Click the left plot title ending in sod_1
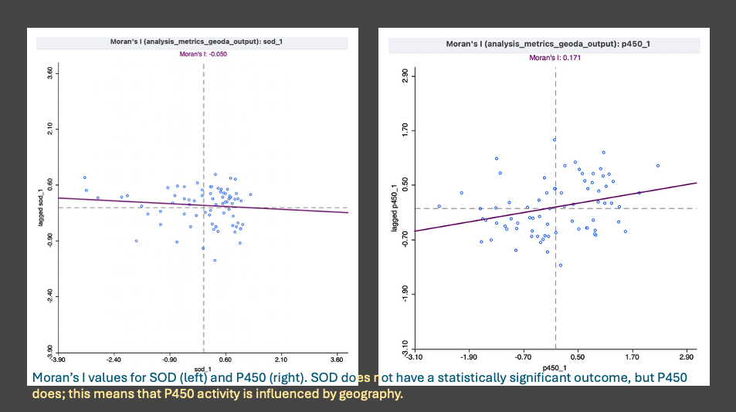coord(193,42)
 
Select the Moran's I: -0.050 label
coord(203,54)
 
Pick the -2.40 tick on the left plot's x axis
coord(114,359)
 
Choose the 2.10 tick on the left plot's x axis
coord(281,359)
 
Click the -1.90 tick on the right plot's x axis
coord(469,357)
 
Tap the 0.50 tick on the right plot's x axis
coord(578,357)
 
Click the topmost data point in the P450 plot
coord(555,140)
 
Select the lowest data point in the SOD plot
coord(215,260)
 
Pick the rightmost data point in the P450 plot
coord(658,165)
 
